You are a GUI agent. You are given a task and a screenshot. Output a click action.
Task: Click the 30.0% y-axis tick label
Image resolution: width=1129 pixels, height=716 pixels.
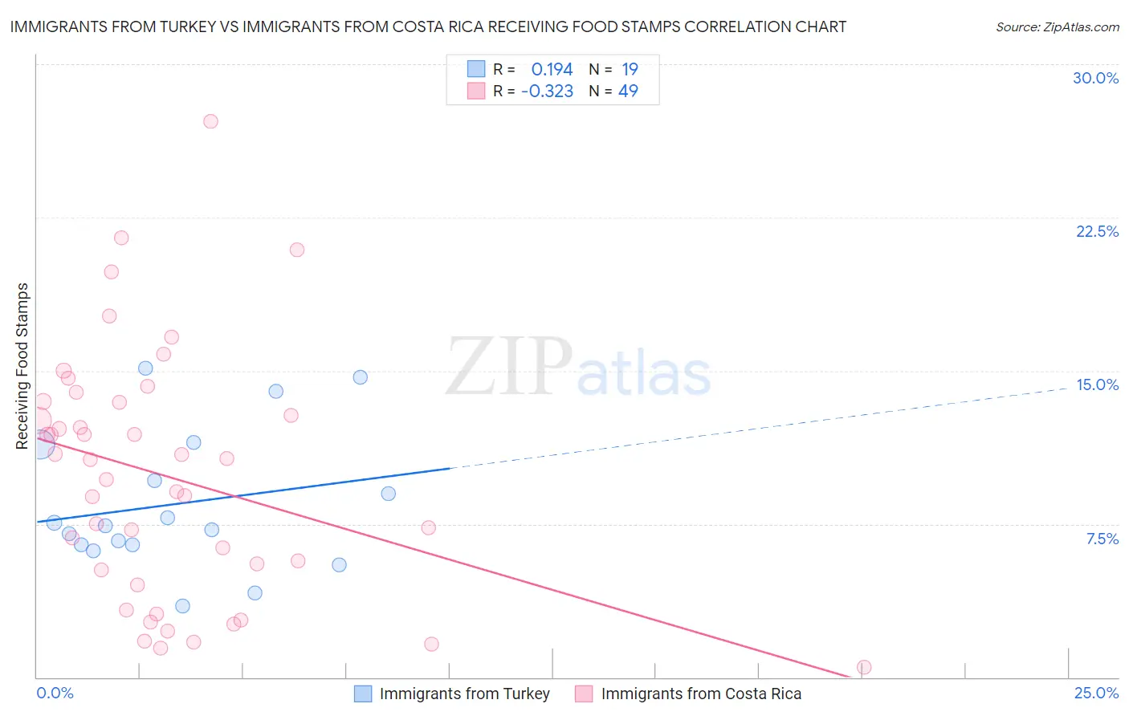tap(1095, 78)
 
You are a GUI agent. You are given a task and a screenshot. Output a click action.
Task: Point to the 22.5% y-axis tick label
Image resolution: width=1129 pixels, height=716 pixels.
tap(1097, 231)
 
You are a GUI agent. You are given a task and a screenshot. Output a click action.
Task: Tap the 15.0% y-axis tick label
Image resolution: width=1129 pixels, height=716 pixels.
tap(1097, 384)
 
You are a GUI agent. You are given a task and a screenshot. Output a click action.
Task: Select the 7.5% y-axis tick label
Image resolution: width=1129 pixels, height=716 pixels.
tap(1102, 539)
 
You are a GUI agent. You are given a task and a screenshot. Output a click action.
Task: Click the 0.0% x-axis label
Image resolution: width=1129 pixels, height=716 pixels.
tap(55, 693)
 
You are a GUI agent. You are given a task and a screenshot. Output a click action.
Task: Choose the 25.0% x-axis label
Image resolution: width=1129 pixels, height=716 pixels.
tap(1096, 693)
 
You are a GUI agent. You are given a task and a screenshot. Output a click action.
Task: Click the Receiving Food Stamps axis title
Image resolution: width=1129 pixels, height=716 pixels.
tap(22, 365)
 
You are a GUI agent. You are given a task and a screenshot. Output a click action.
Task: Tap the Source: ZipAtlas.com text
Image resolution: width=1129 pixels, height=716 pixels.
tap(1057, 27)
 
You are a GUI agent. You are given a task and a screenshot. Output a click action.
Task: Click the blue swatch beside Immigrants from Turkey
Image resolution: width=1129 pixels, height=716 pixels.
tap(363, 694)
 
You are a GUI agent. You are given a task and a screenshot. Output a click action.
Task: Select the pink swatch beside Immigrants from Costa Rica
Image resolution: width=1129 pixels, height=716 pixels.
tap(584, 694)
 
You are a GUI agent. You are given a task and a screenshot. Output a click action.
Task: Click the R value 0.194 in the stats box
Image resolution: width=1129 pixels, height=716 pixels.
tap(552, 69)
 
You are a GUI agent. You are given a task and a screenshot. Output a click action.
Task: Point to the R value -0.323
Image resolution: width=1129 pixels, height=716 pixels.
tap(547, 91)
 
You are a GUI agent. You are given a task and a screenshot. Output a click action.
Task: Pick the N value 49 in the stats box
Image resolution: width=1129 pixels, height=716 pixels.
tap(628, 91)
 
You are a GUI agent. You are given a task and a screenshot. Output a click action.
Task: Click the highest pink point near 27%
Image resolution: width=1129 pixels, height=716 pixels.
tap(210, 121)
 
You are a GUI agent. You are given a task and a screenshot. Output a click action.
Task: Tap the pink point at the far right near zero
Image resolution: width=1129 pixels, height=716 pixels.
tap(864, 667)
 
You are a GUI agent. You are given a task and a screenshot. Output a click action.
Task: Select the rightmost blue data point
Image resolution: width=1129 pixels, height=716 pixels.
tap(388, 494)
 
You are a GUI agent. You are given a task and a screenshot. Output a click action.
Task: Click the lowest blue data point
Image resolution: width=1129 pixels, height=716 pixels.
tap(182, 606)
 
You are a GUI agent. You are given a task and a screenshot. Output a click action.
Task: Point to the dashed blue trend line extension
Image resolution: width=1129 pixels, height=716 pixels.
tap(763, 426)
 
